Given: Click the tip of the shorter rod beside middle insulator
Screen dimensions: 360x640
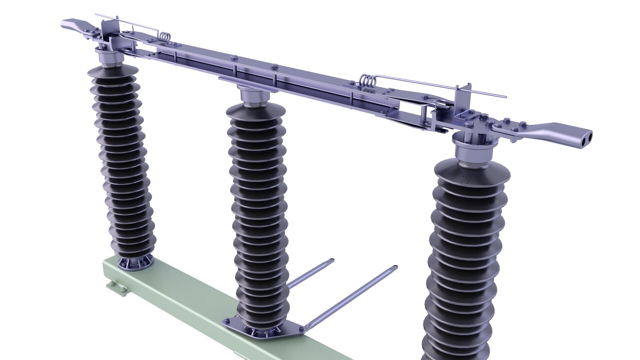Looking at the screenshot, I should [x=331, y=260].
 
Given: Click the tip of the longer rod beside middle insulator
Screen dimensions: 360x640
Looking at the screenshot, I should [x=395, y=267].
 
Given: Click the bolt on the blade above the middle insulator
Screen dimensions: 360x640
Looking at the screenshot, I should [x=274, y=66].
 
